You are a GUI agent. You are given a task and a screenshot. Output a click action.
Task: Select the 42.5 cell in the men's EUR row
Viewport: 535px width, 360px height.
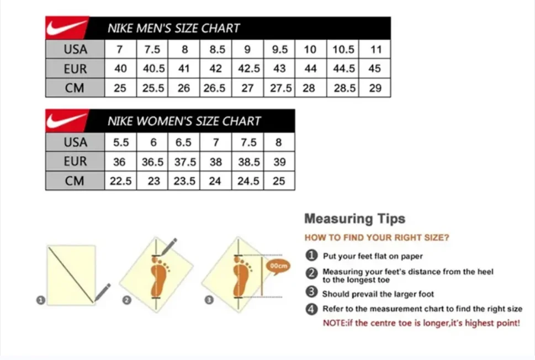(x=248, y=69)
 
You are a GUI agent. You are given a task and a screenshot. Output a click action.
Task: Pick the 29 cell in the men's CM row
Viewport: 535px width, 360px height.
(x=375, y=88)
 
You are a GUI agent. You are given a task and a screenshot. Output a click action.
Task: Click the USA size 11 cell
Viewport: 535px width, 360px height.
(x=376, y=50)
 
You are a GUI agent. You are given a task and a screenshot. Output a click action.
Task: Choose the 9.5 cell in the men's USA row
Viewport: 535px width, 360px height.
(x=280, y=50)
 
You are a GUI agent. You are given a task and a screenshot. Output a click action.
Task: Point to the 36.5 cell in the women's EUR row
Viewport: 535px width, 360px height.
(x=153, y=162)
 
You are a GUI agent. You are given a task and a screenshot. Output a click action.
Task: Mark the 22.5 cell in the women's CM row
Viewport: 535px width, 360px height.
(x=120, y=181)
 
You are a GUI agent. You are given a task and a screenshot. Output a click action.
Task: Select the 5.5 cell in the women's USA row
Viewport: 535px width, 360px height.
(x=120, y=142)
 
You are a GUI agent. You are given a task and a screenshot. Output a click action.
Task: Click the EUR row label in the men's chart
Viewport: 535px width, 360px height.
(x=75, y=69)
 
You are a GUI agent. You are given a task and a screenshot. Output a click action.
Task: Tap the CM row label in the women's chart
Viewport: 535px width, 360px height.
(x=75, y=181)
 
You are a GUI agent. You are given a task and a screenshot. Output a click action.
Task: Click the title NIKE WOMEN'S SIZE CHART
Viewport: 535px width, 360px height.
(x=184, y=121)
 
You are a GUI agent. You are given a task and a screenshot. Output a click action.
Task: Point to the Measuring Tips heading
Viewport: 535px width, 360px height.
(x=354, y=219)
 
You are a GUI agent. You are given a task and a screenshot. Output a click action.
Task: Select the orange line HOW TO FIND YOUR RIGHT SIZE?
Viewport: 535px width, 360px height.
(x=377, y=237)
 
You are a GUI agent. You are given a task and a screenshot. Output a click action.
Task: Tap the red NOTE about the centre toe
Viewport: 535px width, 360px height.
(x=421, y=323)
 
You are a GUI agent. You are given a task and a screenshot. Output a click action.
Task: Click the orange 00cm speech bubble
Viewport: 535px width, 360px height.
(x=278, y=266)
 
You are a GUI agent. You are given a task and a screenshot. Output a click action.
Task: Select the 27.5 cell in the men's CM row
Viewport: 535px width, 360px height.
(x=280, y=88)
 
